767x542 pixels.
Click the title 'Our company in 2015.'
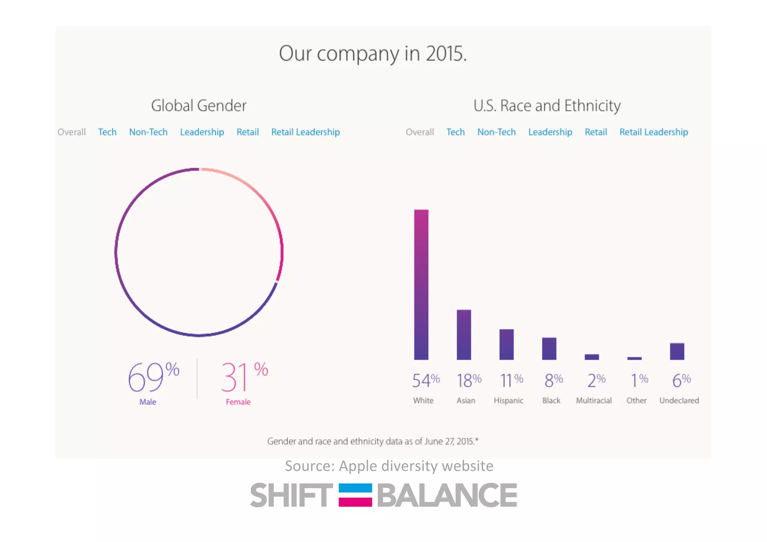pos(373,54)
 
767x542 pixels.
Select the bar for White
pos(421,285)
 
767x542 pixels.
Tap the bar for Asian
pos(464,334)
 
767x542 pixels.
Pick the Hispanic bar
pos(506,344)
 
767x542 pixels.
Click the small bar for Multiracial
pos(592,357)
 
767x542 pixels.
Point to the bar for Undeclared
pos(677,351)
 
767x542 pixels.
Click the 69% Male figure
pos(153,378)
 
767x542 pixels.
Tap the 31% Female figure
pos(244,378)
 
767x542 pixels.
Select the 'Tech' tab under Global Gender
pos(107,132)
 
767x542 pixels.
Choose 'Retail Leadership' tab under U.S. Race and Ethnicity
pos(654,132)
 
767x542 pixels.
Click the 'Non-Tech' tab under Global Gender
pos(148,132)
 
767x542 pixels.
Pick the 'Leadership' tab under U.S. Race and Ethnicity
pos(550,132)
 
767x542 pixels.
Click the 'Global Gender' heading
pos(198,106)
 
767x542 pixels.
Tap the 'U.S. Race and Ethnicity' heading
pos(547,106)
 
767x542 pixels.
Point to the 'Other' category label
pos(636,400)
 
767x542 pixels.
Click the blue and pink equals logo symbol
pos(355,495)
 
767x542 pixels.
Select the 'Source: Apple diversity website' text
pos(389,466)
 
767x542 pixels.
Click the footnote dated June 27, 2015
pos(373,441)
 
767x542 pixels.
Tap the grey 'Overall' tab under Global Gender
pos(72,132)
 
